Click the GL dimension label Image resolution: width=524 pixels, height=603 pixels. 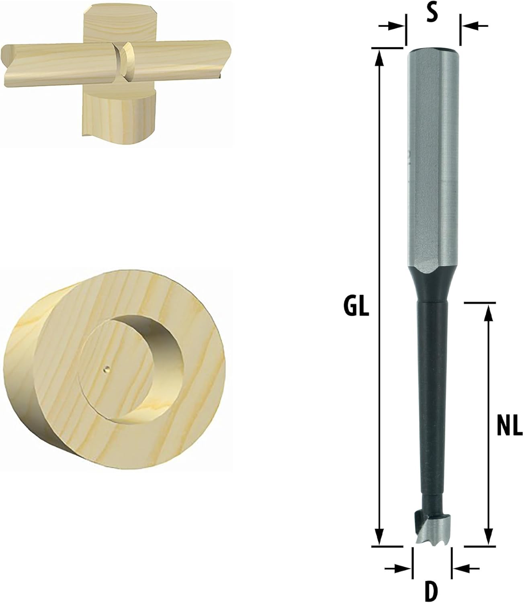click(356, 306)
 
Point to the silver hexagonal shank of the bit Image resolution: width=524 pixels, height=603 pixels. click(433, 161)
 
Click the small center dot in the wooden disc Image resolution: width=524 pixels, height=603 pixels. click(106, 368)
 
